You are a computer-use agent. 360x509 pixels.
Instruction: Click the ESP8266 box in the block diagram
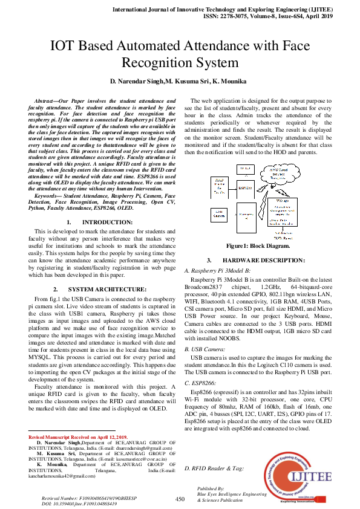tap(246, 189)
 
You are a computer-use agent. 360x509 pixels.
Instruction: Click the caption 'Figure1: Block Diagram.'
tap(258, 246)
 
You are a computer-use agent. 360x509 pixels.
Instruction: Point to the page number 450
tap(180, 499)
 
